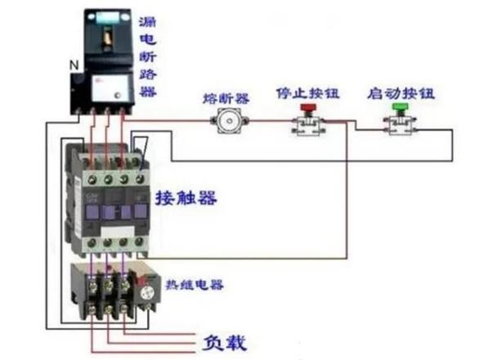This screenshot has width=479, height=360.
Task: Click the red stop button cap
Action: click(308, 108)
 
